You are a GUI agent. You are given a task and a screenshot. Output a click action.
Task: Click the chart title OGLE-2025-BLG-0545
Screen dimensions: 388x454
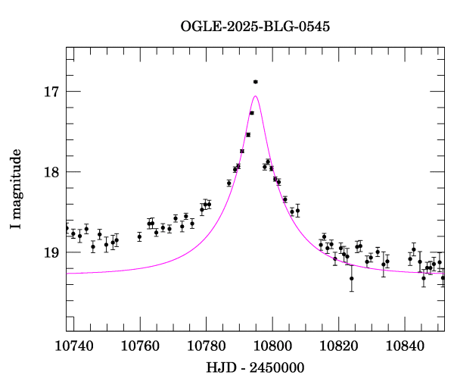[x=255, y=27]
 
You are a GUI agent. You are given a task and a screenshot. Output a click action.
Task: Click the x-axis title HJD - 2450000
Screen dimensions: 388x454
[x=255, y=368]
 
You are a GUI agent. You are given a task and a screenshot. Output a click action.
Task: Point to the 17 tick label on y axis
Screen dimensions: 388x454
[x=51, y=92]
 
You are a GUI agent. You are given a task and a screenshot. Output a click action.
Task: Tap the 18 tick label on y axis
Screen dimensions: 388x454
[x=51, y=172]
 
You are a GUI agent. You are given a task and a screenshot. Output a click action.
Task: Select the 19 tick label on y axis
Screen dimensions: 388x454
[x=51, y=252]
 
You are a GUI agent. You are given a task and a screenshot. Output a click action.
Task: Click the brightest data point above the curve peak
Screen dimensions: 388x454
[x=256, y=82]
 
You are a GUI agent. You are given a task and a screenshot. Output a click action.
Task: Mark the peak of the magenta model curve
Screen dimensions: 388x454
[x=256, y=96]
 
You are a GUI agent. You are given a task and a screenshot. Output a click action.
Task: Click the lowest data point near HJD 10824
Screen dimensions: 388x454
[x=352, y=278]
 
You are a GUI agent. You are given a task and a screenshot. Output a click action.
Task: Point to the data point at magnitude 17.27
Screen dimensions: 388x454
[x=252, y=113]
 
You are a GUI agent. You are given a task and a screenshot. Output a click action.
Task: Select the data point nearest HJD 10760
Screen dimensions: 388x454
[x=139, y=237]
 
